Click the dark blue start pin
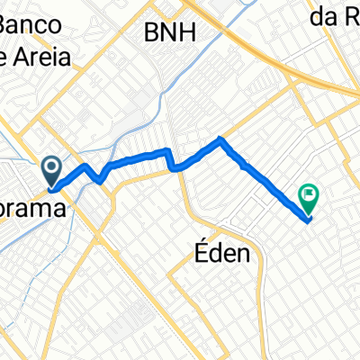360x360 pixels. pyautogui.click(x=50, y=167)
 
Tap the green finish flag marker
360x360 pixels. pyautogui.click(x=310, y=193)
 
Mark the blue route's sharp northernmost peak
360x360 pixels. pyautogui.click(x=221, y=138)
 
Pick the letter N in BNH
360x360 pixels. pyautogui.click(x=170, y=33)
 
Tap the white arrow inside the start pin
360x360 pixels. pyautogui.click(x=50, y=166)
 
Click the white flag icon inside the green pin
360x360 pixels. pyautogui.click(x=310, y=192)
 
